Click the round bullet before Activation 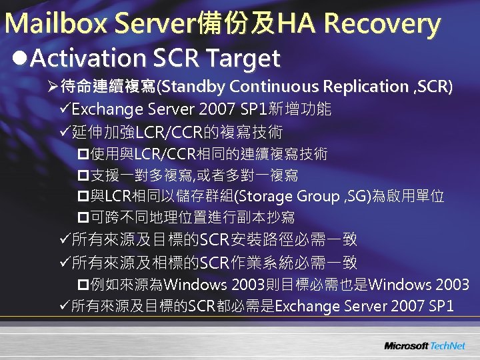coord(19,59)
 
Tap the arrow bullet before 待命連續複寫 coord(53,87)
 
